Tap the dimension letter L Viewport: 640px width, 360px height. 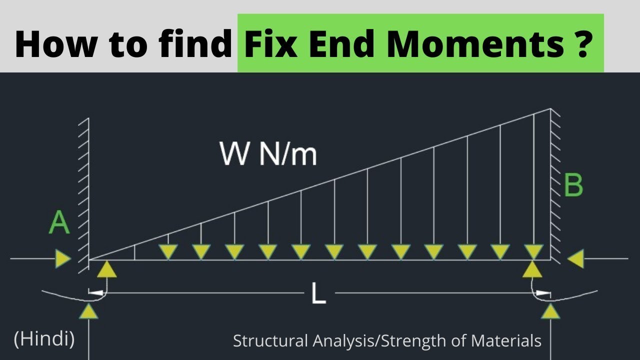(318, 293)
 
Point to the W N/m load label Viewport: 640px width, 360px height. (268, 154)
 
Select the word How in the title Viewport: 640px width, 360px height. (50, 44)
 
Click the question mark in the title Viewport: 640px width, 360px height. (580, 44)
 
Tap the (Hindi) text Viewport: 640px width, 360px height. (44, 339)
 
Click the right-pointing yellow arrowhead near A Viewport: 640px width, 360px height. (63, 259)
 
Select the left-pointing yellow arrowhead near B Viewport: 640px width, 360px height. (576, 259)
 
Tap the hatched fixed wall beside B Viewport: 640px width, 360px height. (555, 185)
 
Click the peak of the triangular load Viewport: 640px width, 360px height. (550, 109)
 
